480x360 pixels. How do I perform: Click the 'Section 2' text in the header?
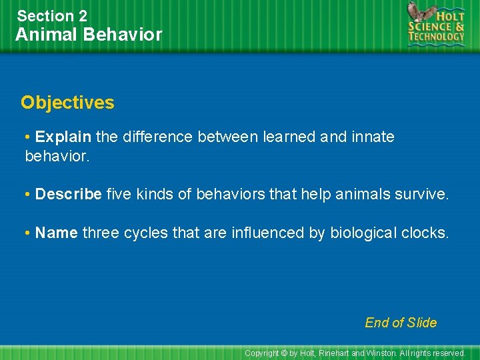[52, 15]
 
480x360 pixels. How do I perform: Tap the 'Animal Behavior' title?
[89, 35]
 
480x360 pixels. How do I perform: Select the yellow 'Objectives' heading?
[67, 103]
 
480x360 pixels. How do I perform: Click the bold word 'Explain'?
[63, 137]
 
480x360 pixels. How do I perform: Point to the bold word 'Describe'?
[69, 194]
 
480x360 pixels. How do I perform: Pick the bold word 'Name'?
[57, 233]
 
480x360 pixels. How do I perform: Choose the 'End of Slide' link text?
[401, 323]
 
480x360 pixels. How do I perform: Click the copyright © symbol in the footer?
[283, 353]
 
